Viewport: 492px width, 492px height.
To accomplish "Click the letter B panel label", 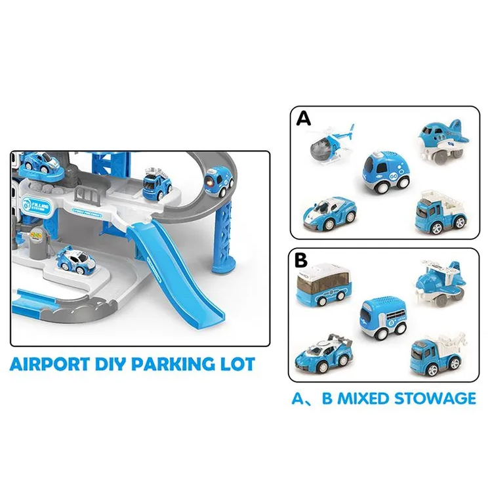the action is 302,260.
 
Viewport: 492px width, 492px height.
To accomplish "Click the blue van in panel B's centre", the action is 382,318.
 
